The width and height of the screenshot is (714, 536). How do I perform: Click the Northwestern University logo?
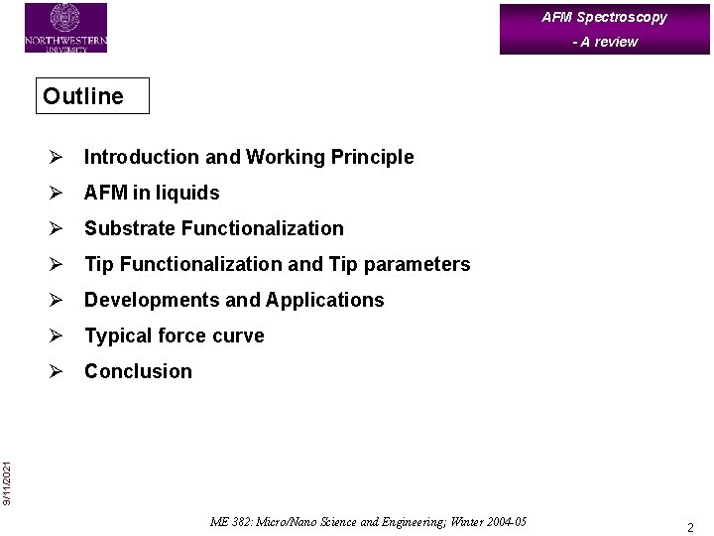coord(65,28)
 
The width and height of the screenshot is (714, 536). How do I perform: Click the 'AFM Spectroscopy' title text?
coord(604,17)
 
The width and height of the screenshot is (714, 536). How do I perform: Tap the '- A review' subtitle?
coord(604,42)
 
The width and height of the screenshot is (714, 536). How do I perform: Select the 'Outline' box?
coord(92,96)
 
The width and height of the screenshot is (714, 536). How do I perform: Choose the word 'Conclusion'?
coord(138,371)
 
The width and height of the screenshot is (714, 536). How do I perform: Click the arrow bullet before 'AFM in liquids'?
coord(58,193)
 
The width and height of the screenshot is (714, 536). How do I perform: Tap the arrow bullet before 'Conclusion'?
coord(58,371)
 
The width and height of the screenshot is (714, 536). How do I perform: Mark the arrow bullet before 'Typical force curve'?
coord(58,335)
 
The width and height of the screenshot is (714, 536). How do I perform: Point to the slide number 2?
coord(690,527)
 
